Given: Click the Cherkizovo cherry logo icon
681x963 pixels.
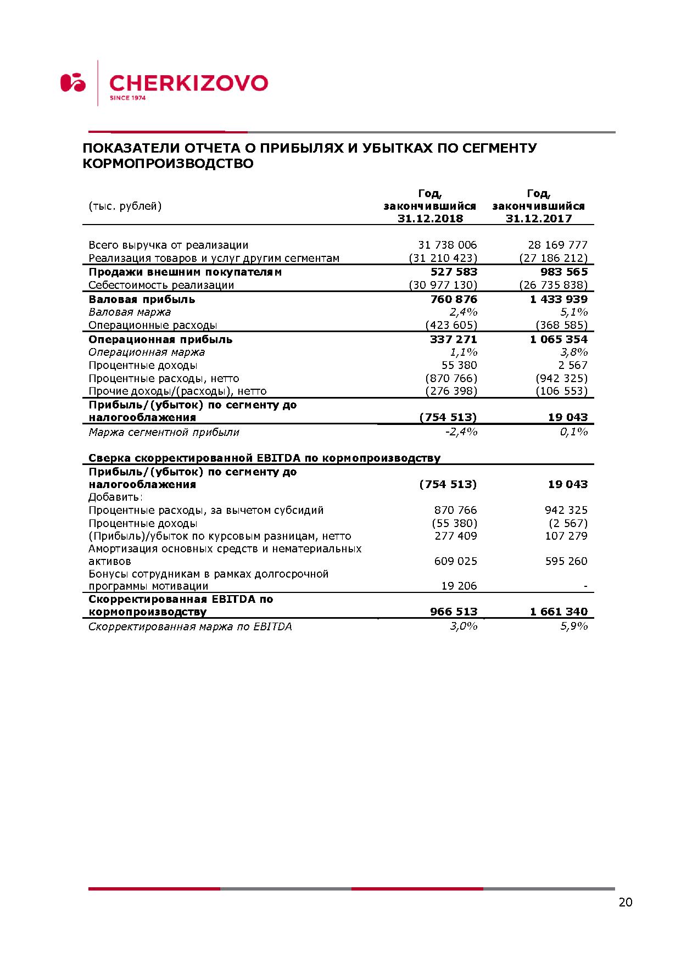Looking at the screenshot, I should point(73,82).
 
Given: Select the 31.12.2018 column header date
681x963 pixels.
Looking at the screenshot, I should point(430,219).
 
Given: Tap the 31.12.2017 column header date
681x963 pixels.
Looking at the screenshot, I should point(539,219).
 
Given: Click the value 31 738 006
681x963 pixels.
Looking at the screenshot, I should point(448,245).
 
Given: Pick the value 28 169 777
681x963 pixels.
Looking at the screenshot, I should point(557,245).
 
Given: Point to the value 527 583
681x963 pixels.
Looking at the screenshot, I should point(454,272).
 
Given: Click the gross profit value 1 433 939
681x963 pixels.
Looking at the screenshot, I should point(559,299).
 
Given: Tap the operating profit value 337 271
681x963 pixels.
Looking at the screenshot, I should point(454,339).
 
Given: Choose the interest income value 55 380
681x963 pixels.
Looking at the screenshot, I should point(459,365).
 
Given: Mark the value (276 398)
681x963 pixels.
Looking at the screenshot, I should point(451,391).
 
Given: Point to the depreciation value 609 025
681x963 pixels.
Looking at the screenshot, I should point(456,561).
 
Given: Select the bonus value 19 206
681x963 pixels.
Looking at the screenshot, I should point(459,586).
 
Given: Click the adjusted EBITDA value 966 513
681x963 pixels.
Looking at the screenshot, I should point(454,612).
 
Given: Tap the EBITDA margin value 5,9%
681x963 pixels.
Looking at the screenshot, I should point(574,626).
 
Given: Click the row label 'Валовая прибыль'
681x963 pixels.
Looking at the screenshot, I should point(142,299).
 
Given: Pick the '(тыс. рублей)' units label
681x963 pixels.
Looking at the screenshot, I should point(125,206).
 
